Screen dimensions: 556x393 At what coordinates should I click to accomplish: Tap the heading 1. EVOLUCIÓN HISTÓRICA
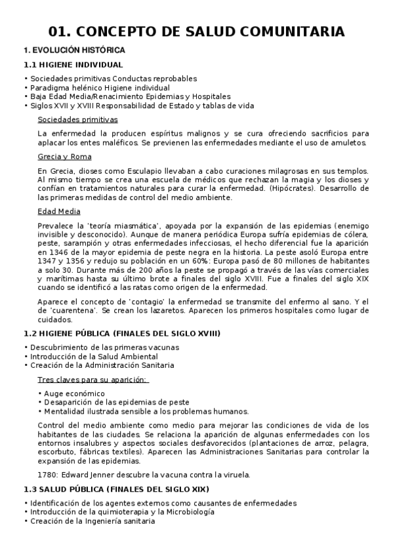tap(74, 50)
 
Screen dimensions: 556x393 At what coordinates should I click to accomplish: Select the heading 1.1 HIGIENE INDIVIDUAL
tap(73, 65)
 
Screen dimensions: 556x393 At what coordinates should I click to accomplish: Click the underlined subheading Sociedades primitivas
tap(77, 119)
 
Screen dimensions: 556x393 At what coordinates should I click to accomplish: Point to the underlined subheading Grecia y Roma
tap(65, 157)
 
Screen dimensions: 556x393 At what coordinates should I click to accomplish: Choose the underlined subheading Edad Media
tap(59, 211)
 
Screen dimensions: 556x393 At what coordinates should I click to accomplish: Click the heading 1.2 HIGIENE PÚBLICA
tap(121, 334)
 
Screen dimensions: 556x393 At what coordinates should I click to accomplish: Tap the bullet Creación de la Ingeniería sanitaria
tap(92, 521)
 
